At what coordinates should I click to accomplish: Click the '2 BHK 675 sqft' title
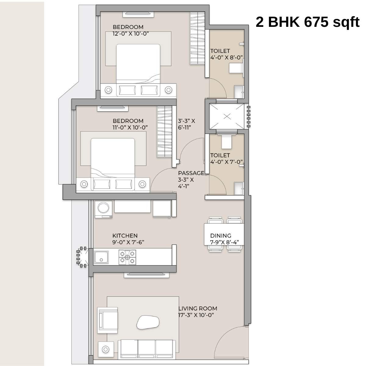[x=307, y=22]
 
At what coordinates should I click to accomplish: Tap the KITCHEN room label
[x=125, y=236]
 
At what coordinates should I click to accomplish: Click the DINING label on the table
[x=221, y=236]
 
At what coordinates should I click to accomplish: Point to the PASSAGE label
[x=191, y=173]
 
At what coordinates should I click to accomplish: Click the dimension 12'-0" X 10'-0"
[x=131, y=34]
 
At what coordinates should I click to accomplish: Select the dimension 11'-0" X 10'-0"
[x=130, y=127]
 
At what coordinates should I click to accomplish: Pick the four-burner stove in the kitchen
[x=127, y=257]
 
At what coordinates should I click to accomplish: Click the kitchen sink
[x=101, y=257]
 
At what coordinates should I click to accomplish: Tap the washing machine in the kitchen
[x=103, y=210]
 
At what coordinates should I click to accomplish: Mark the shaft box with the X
[x=227, y=116]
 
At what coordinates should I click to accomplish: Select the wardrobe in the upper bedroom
[x=197, y=38]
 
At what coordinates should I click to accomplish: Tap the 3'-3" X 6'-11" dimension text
[x=186, y=124]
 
